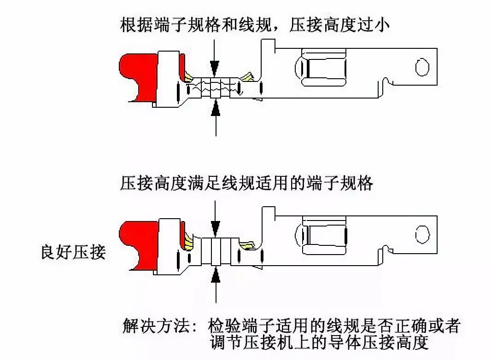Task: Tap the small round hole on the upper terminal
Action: pos(421,67)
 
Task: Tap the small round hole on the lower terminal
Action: pos(421,234)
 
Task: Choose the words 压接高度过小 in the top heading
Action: pos(339,24)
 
